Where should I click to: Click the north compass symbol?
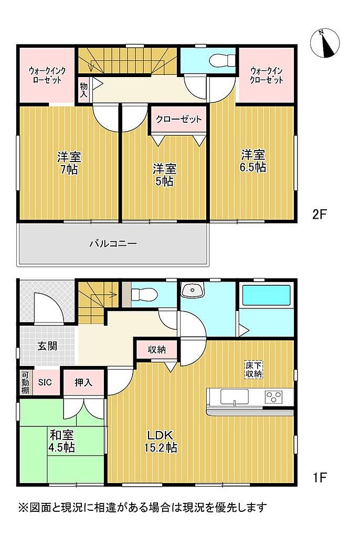[325, 44]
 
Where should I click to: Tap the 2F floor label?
[319, 214]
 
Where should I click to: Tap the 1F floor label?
[319, 477]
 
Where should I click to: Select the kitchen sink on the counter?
[235, 397]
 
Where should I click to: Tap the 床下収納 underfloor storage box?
[253, 370]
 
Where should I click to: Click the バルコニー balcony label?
[113, 244]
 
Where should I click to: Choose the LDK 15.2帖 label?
[161, 441]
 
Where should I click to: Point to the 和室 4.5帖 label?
[62, 441]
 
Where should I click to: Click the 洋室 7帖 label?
[69, 164]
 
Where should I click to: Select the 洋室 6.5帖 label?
[253, 161]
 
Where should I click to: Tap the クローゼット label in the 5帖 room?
[178, 120]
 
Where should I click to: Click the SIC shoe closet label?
[45, 382]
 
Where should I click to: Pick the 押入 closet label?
[83, 382]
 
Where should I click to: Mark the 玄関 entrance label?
[47, 346]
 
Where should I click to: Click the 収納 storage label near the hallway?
[157, 350]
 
